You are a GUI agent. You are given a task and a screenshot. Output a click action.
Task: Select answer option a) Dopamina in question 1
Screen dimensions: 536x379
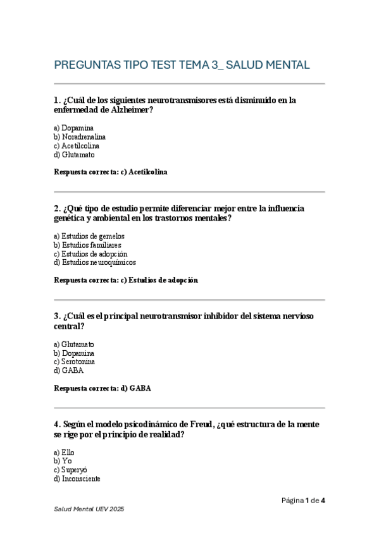click(74, 128)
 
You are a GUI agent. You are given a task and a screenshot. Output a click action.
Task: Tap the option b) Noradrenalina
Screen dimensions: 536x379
click(80, 137)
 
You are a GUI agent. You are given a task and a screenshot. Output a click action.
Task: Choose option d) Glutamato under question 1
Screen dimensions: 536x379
click(75, 154)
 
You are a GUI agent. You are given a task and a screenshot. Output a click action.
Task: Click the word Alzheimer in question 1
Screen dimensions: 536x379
click(132, 110)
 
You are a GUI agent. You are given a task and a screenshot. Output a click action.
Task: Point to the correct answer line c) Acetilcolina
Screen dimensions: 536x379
click(111, 171)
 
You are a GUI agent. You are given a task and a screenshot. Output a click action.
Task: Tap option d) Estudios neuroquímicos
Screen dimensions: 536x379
click(95, 262)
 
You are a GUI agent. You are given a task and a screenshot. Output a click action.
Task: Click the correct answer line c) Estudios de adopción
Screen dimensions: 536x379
click(126, 280)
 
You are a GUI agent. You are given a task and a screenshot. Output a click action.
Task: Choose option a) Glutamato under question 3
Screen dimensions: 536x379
click(75, 344)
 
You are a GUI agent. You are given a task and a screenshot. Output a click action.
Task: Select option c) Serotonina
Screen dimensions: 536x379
click(75, 362)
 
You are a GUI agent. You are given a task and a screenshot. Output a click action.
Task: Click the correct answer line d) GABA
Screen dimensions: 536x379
click(103, 388)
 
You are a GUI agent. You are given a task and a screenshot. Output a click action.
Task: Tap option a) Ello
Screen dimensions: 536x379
click(65, 453)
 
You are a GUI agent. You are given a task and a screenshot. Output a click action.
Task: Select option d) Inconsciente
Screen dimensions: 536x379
click(77, 478)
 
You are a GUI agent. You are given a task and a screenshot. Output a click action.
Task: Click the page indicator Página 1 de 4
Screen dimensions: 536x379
click(303, 501)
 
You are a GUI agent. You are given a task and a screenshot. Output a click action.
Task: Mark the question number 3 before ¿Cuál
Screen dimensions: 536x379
click(57, 316)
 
